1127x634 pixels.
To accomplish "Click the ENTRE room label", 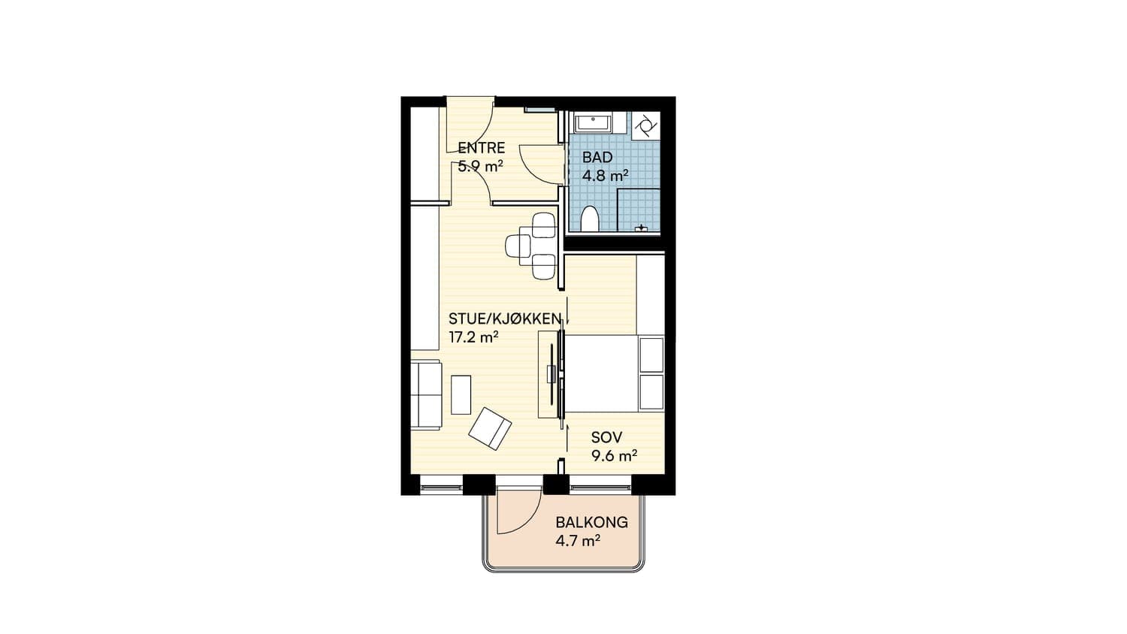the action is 481,148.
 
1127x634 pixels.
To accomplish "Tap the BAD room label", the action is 597,158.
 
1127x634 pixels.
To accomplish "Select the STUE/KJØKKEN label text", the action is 505,319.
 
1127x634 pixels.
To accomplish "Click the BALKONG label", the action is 592,522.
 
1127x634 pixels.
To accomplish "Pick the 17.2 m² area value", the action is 473,337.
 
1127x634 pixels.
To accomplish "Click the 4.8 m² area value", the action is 606,176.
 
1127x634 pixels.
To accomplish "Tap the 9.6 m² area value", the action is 615,456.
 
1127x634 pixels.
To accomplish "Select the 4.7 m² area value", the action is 578,541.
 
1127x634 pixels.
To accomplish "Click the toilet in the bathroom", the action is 589,219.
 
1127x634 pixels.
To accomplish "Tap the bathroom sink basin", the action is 594,123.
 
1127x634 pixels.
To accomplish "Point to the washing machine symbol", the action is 645,125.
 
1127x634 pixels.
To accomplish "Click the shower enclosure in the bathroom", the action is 639,210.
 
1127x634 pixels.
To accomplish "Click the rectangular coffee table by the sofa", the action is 461,395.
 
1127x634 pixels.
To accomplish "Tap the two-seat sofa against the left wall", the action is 426,394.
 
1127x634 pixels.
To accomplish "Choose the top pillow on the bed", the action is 651,355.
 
